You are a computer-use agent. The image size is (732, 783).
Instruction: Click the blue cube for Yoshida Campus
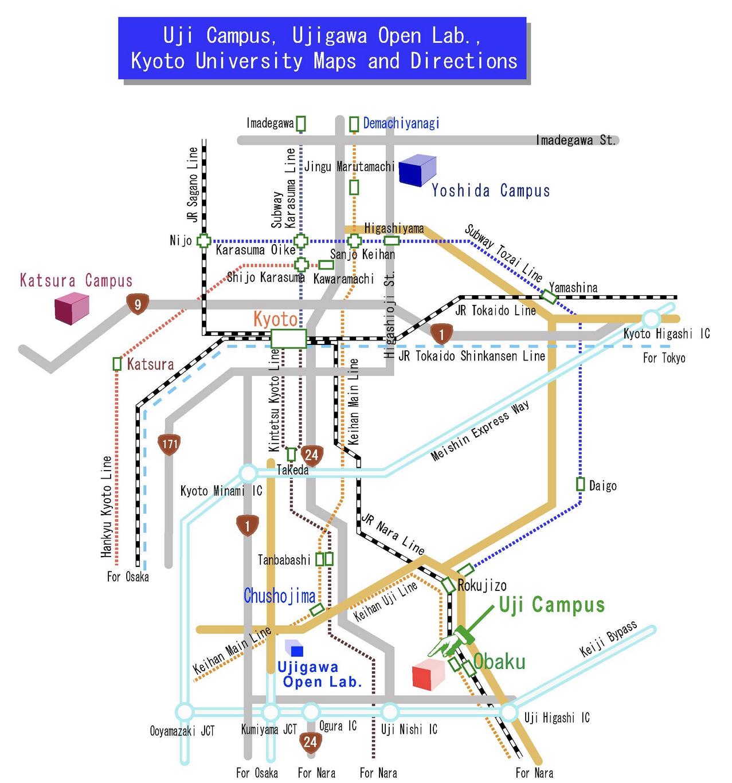(417, 170)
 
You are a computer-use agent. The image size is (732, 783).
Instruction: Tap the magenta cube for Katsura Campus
(72, 307)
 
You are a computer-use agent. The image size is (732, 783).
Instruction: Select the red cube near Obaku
(429, 674)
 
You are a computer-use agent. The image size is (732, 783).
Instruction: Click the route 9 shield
(138, 304)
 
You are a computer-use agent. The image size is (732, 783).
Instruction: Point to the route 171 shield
(170, 444)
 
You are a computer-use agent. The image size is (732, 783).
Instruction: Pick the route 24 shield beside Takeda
(311, 455)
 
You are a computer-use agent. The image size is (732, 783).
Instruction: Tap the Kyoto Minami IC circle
(248, 473)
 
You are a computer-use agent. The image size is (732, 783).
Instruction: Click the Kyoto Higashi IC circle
(651, 319)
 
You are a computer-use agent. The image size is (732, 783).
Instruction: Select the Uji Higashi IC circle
(508, 712)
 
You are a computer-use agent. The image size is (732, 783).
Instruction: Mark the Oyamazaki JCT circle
(185, 712)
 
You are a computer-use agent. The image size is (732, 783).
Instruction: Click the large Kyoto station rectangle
(288, 338)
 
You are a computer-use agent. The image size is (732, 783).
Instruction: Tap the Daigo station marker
(580, 484)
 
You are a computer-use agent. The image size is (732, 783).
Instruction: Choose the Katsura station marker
(118, 363)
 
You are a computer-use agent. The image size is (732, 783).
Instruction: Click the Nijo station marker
(203, 241)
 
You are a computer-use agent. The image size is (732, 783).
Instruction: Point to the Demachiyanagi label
(401, 123)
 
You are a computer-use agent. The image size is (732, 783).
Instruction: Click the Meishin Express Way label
(480, 431)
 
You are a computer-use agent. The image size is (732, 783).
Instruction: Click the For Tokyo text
(664, 358)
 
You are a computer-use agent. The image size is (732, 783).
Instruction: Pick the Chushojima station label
(279, 596)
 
